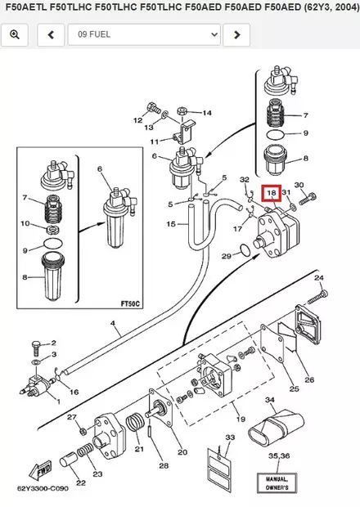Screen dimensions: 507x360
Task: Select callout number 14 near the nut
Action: click(206, 113)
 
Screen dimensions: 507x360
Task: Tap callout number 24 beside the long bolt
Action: click(320, 279)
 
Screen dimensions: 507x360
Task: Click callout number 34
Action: click(269, 401)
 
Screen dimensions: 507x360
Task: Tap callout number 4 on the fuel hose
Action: click(112, 325)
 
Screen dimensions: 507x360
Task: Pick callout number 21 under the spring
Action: click(139, 450)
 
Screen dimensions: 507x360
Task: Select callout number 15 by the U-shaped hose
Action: click(170, 223)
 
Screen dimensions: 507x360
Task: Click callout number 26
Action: click(309, 379)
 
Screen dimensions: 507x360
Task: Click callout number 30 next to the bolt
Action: click(299, 186)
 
